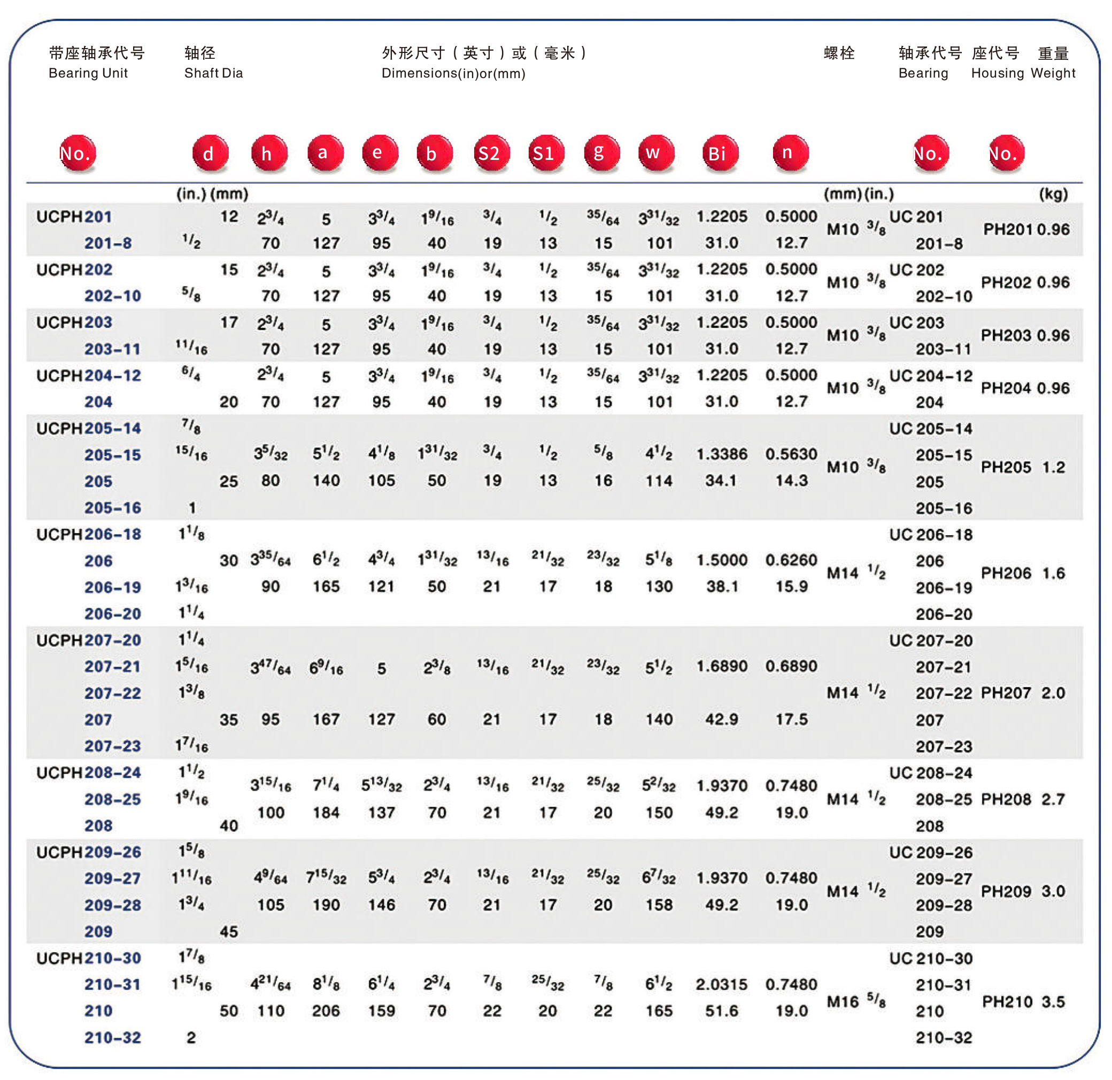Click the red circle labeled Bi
point(720,153)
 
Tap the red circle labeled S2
point(491,153)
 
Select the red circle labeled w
point(656,153)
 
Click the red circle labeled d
point(210,153)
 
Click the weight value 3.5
point(1053,1002)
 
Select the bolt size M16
point(843,1002)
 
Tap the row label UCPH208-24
point(89,773)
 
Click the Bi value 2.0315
point(721,985)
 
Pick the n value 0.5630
point(791,454)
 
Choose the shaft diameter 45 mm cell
point(229,932)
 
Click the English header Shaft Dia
point(213,73)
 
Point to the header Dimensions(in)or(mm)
point(453,74)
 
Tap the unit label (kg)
point(1053,194)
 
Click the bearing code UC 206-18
point(930,535)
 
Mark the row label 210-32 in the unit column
point(112,1037)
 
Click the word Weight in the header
point(1053,73)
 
